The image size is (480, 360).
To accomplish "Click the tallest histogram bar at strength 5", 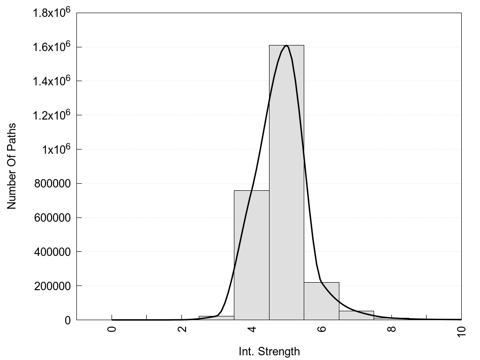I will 286,187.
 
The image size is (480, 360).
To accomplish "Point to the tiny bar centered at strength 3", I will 216,318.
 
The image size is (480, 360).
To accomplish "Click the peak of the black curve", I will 286,45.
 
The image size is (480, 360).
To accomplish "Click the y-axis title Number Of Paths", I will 12,166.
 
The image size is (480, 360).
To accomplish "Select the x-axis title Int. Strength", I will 269,351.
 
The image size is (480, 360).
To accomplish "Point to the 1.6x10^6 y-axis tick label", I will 51,46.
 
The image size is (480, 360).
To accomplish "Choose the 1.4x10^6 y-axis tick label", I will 51,80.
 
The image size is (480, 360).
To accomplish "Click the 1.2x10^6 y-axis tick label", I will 51,114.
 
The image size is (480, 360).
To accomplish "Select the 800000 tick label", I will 52,183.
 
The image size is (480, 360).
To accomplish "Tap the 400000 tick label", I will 52,252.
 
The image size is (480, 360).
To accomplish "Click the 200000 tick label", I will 52,286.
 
